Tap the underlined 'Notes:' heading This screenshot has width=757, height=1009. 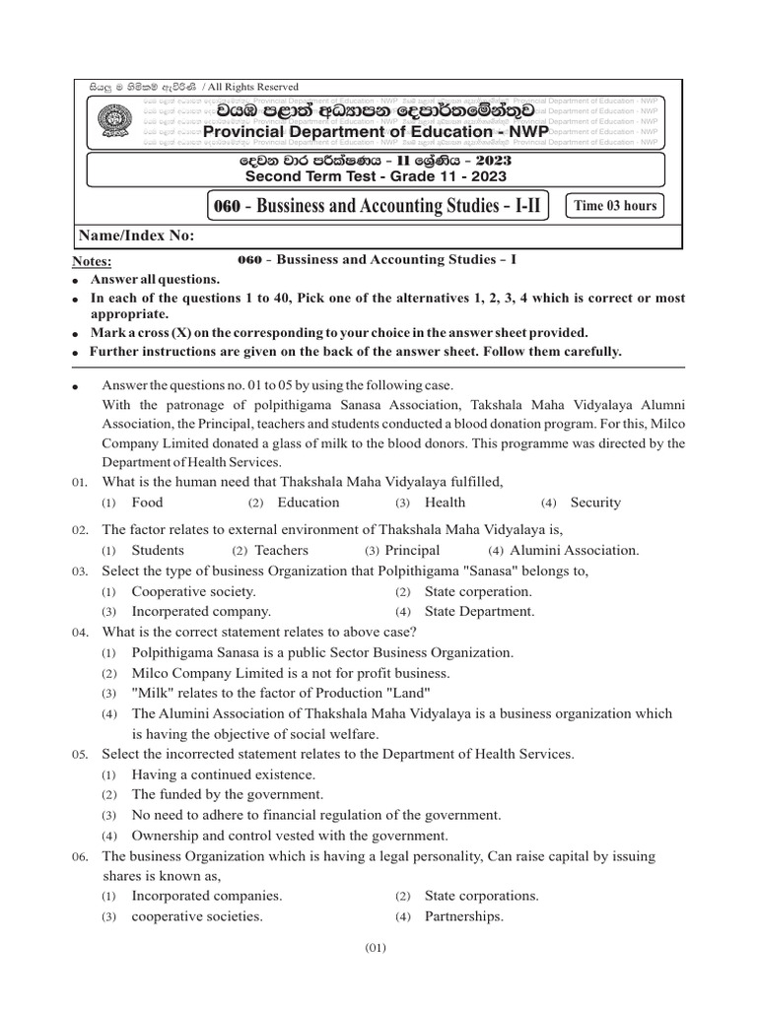point(93,261)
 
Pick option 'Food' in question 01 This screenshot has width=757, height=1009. point(147,503)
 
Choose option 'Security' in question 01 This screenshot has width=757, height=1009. point(595,503)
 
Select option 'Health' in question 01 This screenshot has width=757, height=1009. point(445,503)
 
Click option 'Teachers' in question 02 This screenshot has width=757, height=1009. point(281,550)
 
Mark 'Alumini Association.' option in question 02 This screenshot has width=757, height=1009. point(575,550)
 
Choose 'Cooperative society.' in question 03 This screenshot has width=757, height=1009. point(193,591)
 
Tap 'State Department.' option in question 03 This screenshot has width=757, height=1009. point(479,611)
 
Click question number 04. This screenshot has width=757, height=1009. point(81,633)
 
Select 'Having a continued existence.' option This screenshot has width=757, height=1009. point(223,774)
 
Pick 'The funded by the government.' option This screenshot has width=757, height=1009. point(227,794)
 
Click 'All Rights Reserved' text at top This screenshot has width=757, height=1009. point(250,88)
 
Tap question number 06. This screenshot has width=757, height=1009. point(81,857)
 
